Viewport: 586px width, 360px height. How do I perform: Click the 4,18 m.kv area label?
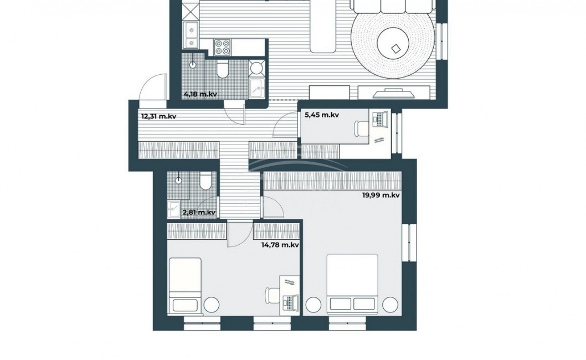[x=201, y=94]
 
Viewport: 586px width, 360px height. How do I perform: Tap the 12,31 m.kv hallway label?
[x=158, y=116]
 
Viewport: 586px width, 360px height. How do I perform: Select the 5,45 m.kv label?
[x=322, y=115]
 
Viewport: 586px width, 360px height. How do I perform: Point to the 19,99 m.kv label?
[x=381, y=195]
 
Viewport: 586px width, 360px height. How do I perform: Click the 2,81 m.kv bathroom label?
[x=199, y=212]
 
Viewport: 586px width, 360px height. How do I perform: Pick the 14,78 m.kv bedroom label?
[x=280, y=245]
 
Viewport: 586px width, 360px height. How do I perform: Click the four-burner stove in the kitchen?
[x=222, y=48]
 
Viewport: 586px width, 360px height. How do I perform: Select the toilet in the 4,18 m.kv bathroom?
[x=223, y=70]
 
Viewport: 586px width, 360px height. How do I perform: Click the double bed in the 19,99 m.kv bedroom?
[x=352, y=284]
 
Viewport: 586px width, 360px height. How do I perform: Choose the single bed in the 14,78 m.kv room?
[x=185, y=285]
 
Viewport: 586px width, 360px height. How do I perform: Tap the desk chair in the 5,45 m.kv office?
[x=361, y=128]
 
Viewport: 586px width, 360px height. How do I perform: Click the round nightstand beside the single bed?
[x=211, y=305]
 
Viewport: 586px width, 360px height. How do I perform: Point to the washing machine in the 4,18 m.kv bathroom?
[x=257, y=69]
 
